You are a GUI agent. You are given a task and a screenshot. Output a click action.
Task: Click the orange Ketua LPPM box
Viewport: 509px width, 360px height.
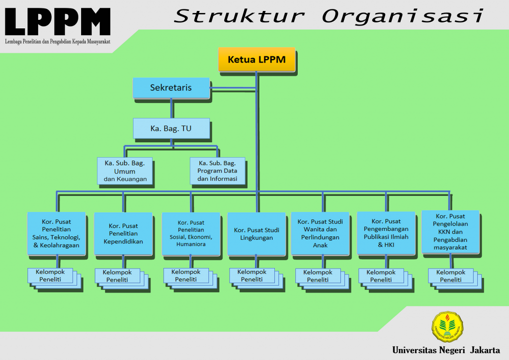pyautogui.click(x=256, y=60)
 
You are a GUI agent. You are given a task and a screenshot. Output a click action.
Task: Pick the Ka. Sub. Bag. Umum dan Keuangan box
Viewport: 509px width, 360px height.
pyautogui.click(x=124, y=171)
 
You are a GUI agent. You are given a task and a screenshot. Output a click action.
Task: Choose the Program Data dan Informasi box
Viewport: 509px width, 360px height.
pyautogui.click(x=217, y=171)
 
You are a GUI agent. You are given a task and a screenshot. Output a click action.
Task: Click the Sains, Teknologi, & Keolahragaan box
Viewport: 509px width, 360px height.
pyautogui.click(x=56, y=233)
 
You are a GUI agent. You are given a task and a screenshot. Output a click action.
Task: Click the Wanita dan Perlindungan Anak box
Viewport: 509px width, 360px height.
pyautogui.click(x=320, y=233)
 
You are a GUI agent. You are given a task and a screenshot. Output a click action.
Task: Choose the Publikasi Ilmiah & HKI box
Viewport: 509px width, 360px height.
pyautogui.click(x=386, y=233)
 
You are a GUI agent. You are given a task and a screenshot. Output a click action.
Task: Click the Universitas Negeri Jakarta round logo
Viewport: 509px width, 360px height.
pyautogui.click(x=447, y=327)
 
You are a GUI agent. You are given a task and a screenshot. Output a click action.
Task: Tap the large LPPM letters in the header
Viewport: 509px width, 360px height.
pyautogui.click(x=57, y=22)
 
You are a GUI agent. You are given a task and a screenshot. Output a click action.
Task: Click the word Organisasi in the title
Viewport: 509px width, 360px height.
pyautogui.click(x=403, y=16)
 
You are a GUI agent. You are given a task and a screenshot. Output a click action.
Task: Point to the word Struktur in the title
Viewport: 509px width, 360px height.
pyautogui.click(x=240, y=16)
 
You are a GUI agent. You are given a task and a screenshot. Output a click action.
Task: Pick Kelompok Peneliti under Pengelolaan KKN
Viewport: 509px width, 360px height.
pyautogui.click(x=451, y=276)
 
